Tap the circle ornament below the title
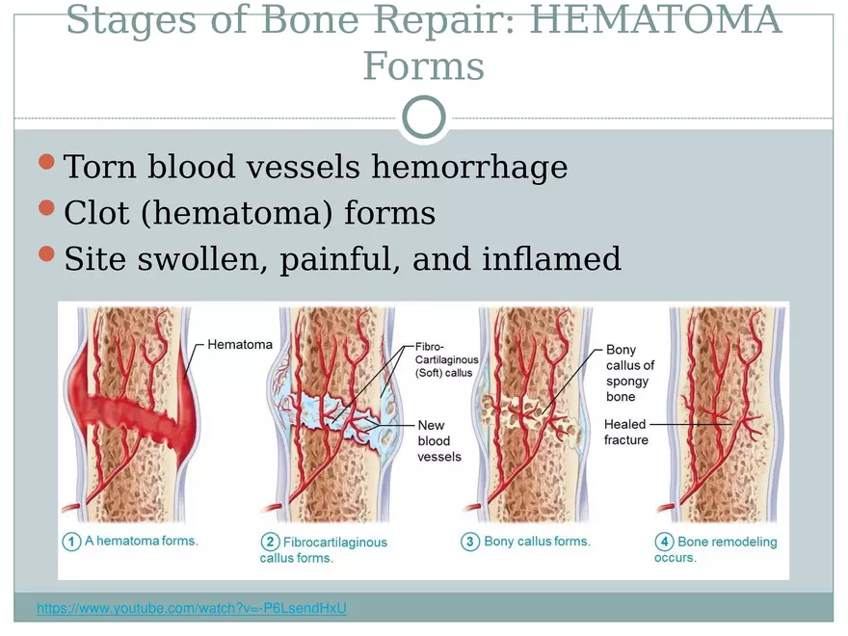(423, 118)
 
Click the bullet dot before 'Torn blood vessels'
(47, 162)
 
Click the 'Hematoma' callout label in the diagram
(240, 344)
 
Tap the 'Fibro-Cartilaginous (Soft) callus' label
(446, 359)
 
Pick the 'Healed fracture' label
(626, 432)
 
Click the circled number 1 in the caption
(71, 542)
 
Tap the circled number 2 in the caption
(271, 543)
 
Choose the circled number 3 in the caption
(469, 542)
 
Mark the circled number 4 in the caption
(664, 543)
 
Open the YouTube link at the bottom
(191, 608)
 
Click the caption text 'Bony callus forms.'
(537, 542)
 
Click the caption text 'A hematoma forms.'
(141, 541)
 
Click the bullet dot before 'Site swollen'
(47, 254)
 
